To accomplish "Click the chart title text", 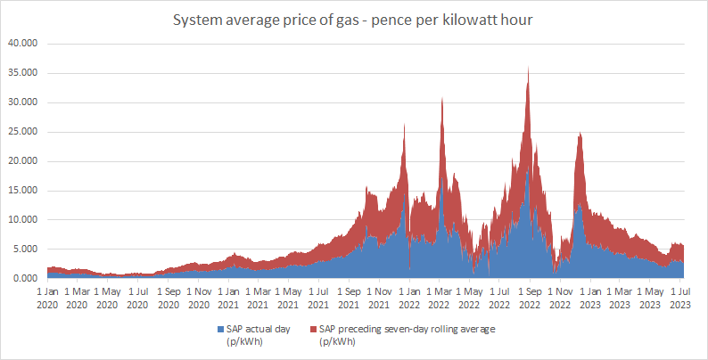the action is coord(353,20).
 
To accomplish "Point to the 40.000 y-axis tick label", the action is coord(22,45).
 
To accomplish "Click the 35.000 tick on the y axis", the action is coord(22,74).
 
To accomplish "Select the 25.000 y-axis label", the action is coord(22,132).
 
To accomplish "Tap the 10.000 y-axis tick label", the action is coord(22,220).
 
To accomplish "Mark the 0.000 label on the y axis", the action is coord(24,278).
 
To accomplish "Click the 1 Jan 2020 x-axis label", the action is coord(47,299).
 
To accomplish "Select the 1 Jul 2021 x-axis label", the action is coord(319,299).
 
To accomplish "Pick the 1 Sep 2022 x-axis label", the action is coord(530,299).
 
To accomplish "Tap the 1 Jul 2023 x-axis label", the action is coord(680,299).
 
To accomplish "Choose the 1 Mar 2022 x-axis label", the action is coord(439,299).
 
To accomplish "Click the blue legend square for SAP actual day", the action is coord(221,330).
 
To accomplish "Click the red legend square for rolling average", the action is coord(314,330).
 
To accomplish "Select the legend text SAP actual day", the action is coord(259,330).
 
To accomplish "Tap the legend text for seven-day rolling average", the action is coord(407,330).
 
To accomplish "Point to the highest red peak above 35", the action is coord(528,68).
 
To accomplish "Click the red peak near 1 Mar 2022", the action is coord(442,98).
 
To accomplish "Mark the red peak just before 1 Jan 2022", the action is coord(404,125).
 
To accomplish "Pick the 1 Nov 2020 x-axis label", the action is coord(198,299).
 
